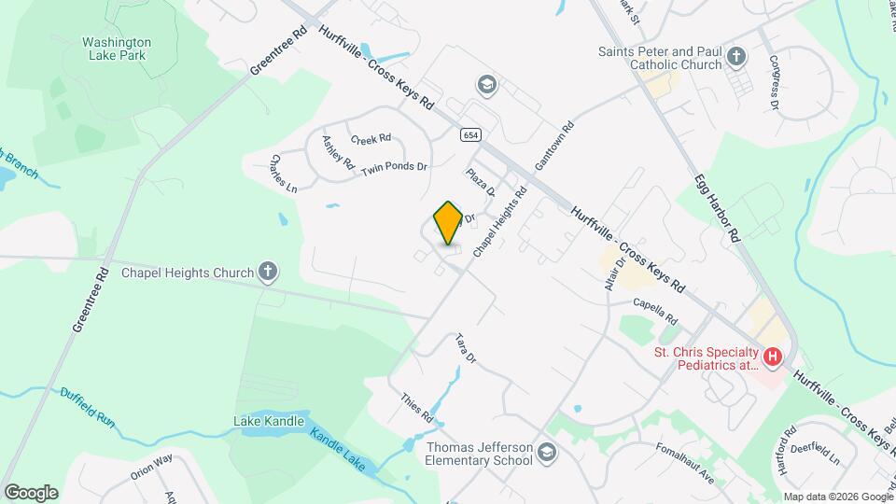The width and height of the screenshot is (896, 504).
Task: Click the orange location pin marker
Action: (x=448, y=223)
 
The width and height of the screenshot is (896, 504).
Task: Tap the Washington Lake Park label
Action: (x=116, y=49)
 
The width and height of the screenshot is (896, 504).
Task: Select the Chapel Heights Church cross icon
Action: (x=268, y=273)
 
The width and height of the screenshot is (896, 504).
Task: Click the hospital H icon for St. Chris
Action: (x=772, y=356)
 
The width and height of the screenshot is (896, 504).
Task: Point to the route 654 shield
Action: (x=470, y=135)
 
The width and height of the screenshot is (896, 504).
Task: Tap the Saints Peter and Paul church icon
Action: (x=736, y=57)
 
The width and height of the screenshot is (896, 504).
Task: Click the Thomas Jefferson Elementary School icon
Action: (x=547, y=454)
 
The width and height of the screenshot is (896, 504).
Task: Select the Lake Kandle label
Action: (x=269, y=422)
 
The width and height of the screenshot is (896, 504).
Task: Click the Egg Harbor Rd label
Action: (x=717, y=208)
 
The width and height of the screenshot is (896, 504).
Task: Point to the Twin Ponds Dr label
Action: (x=394, y=168)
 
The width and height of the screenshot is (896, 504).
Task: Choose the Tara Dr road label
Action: (x=466, y=348)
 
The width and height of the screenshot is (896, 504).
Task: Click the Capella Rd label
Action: (x=654, y=303)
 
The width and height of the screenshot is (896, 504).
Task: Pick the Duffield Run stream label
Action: (x=88, y=407)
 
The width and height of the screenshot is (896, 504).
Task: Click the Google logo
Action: (x=31, y=492)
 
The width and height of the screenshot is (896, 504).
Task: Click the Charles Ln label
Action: (x=284, y=174)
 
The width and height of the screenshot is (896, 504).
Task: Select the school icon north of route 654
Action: (x=485, y=85)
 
